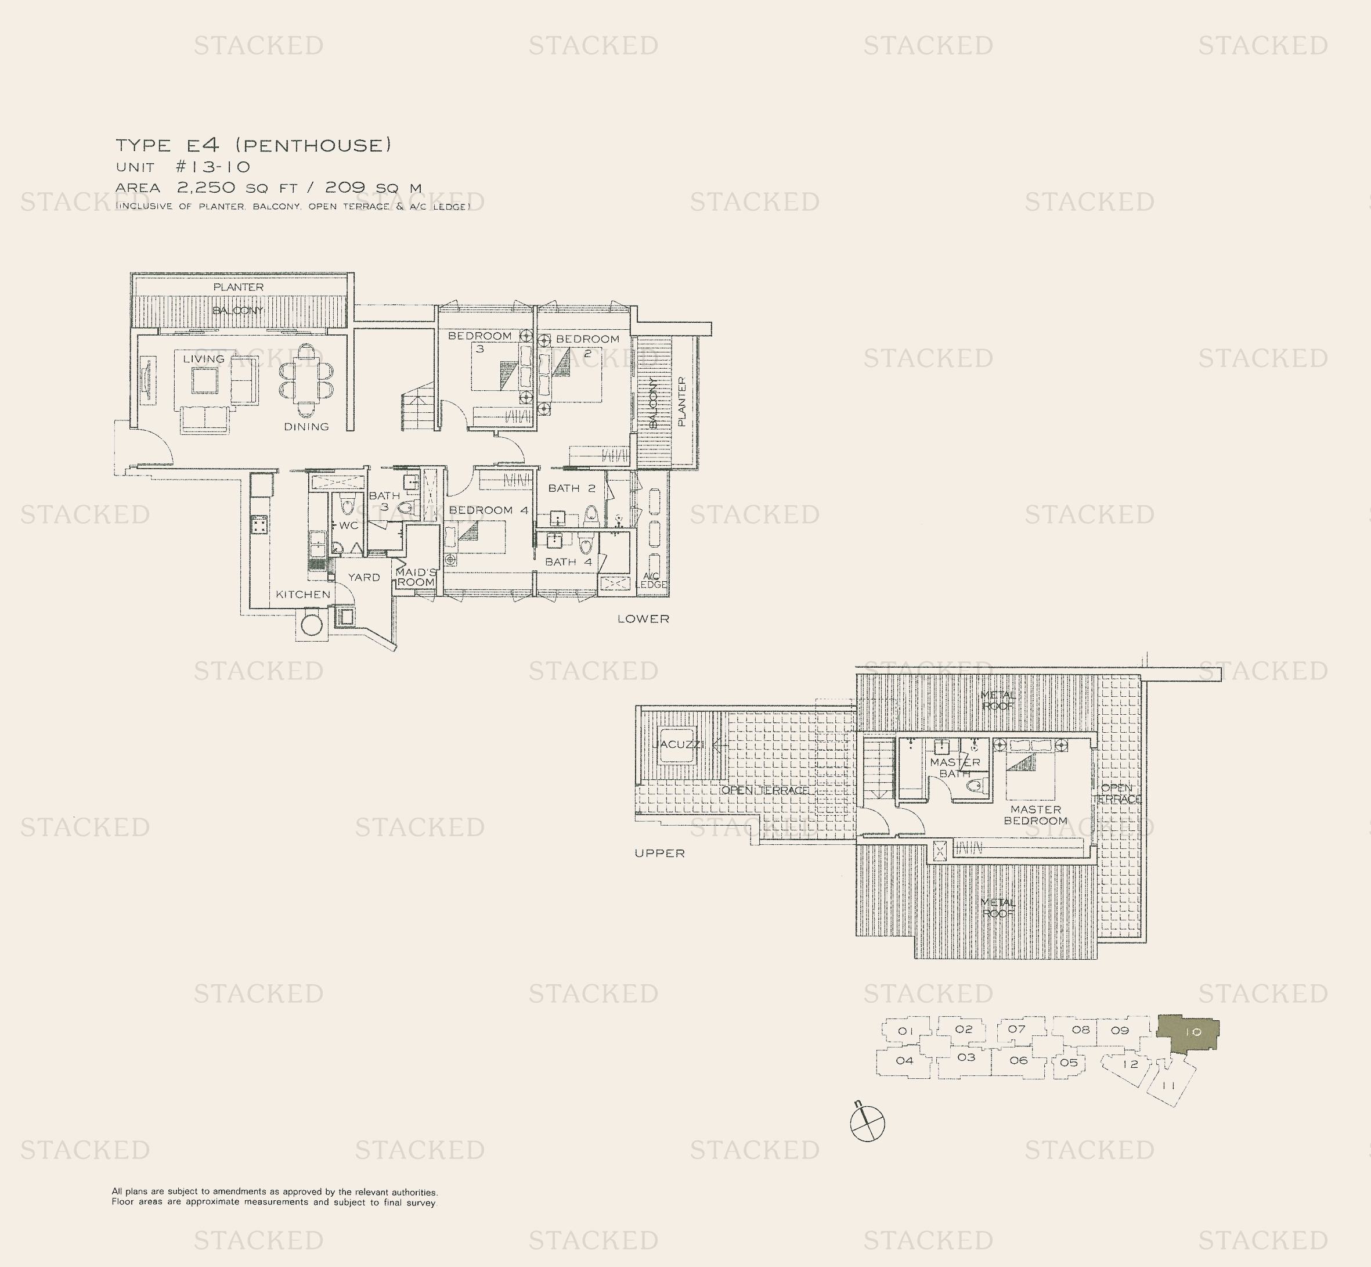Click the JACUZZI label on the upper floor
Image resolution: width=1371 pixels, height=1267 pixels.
(678, 744)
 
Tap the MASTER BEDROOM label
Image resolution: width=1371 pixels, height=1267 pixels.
(1035, 815)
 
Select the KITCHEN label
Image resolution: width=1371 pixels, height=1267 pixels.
(303, 595)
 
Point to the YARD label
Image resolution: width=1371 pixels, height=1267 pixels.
(363, 577)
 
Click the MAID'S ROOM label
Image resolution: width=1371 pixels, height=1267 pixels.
(416, 577)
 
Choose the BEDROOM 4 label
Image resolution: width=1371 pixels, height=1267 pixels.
(489, 510)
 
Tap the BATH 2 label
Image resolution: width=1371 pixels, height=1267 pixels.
(571, 488)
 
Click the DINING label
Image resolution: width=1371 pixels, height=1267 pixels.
(306, 426)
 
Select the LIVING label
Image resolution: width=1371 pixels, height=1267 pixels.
(204, 359)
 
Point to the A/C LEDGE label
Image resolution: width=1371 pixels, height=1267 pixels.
(651, 580)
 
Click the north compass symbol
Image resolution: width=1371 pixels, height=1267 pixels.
(867, 1124)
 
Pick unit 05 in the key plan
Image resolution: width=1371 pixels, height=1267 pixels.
(1069, 1063)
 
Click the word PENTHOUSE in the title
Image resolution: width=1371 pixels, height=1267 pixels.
(313, 145)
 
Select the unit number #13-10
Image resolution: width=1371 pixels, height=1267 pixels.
(213, 167)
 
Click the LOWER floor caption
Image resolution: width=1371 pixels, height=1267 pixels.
(643, 618)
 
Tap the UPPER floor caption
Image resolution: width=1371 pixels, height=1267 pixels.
(659, 853)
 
